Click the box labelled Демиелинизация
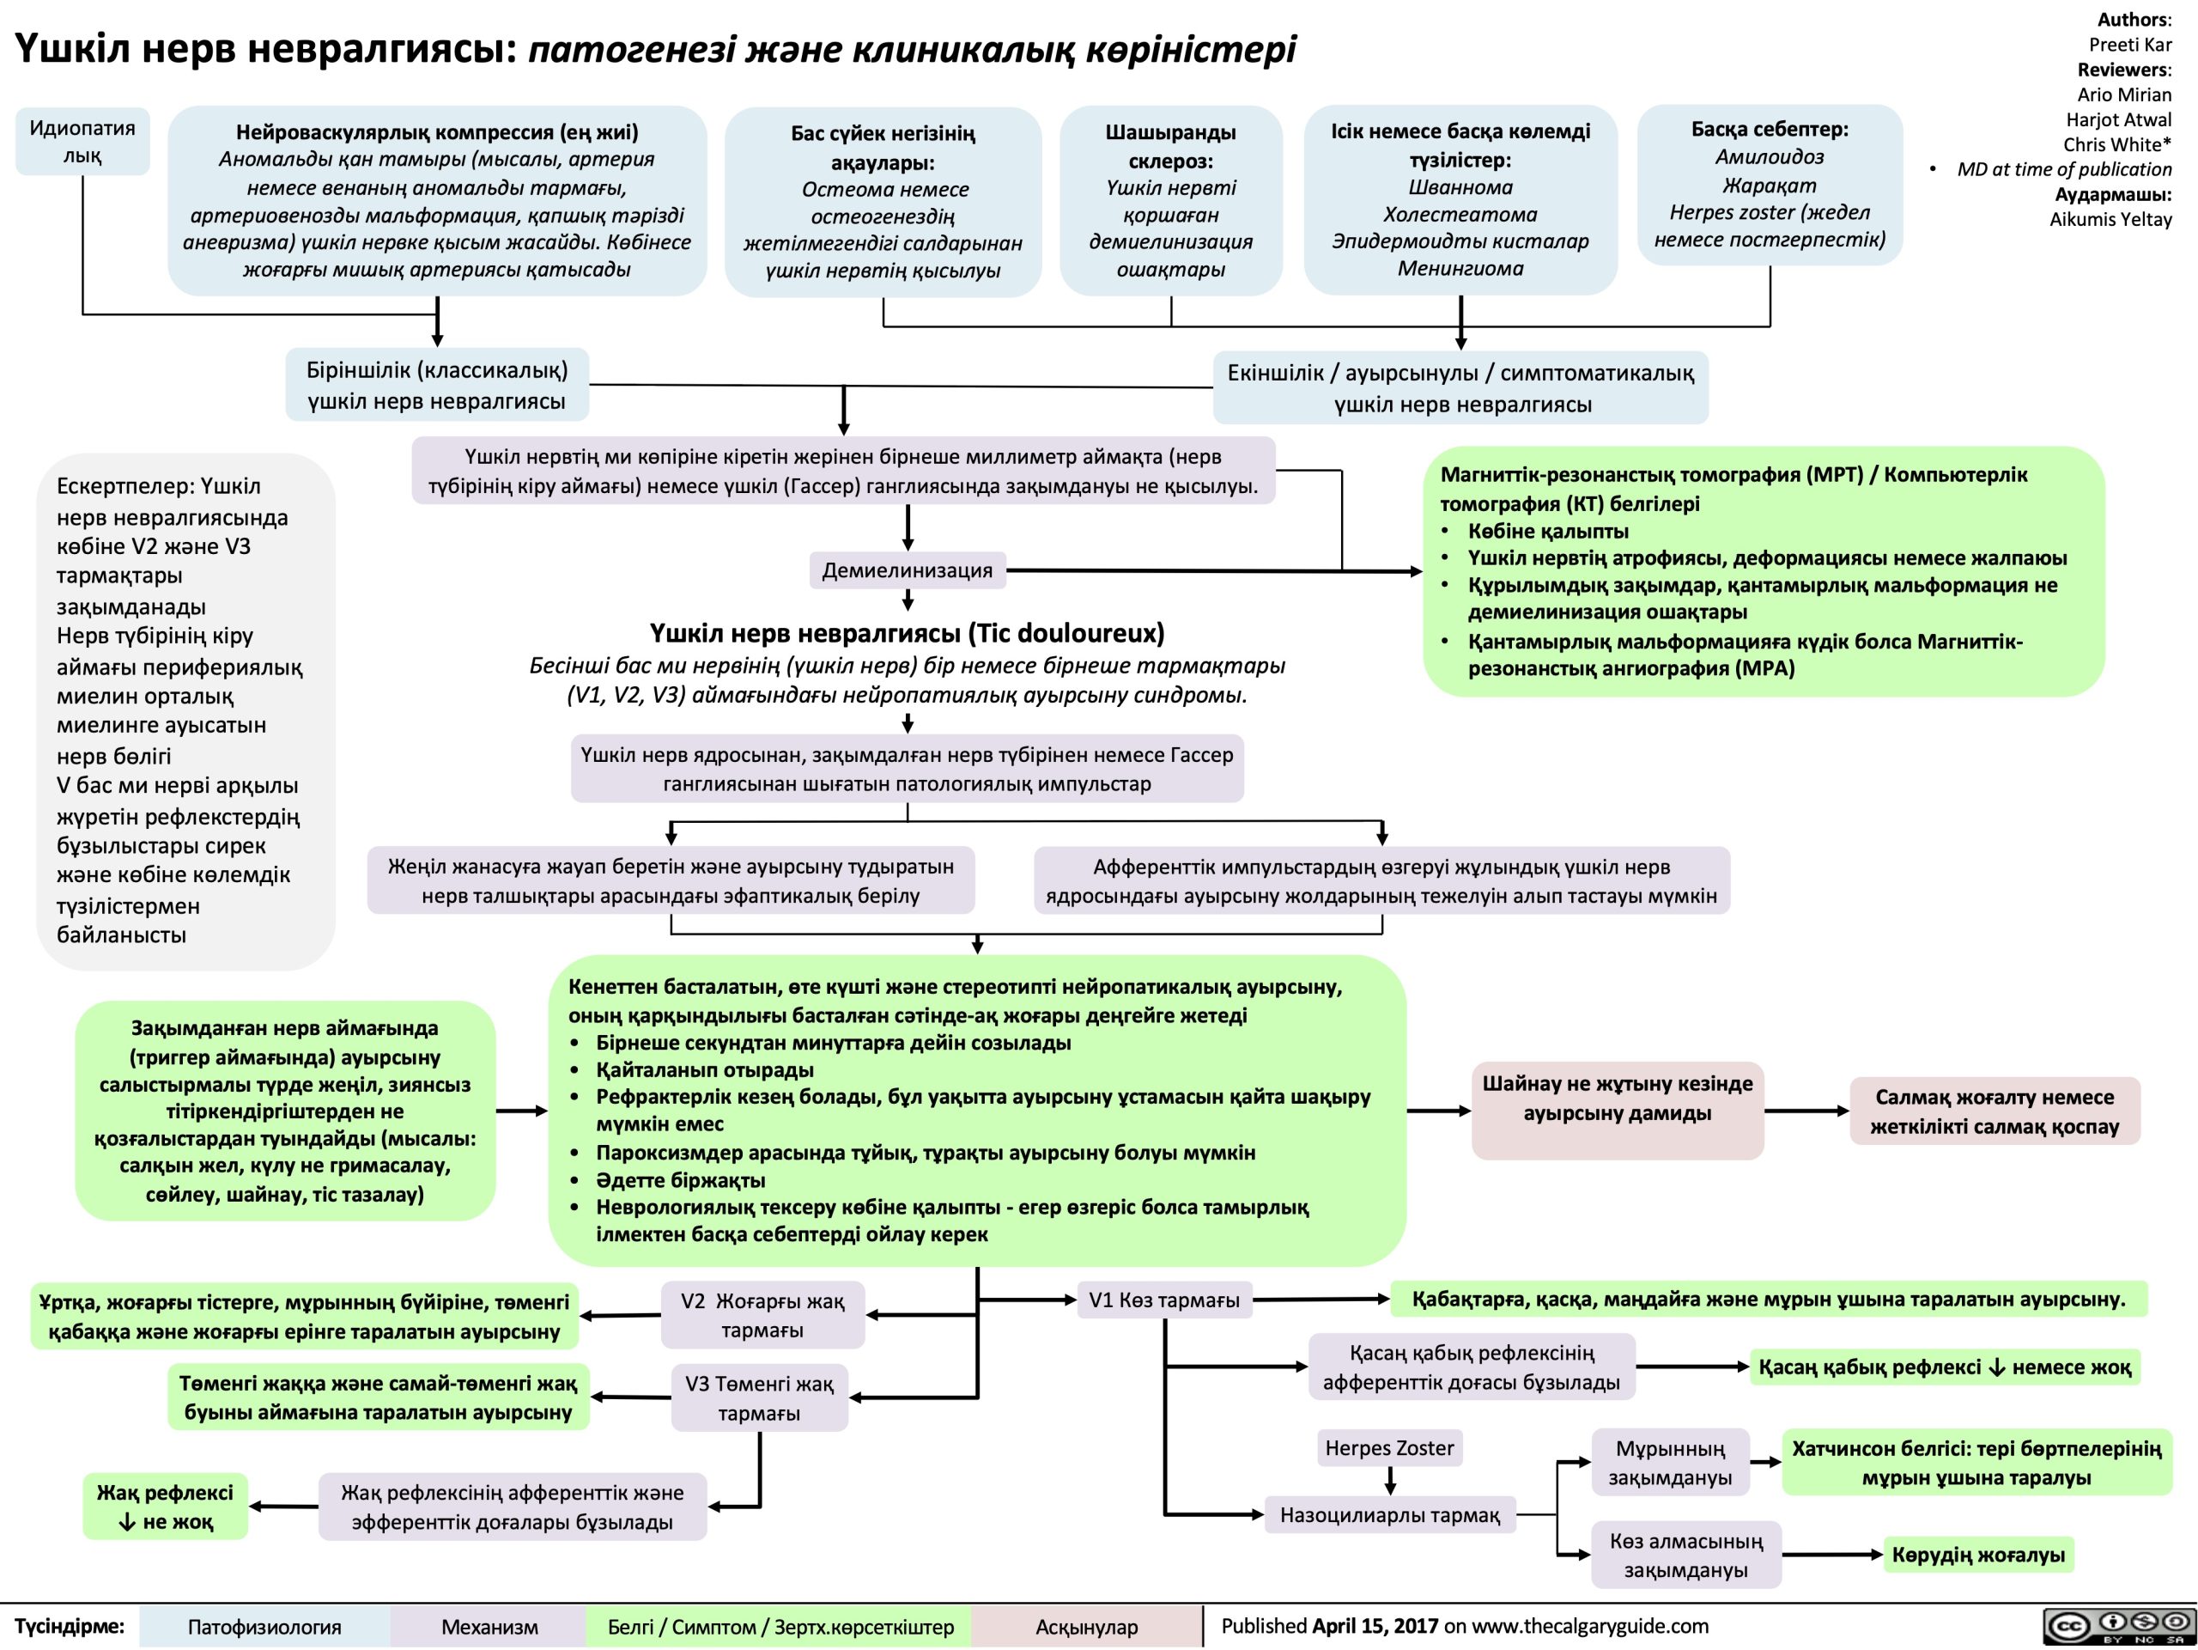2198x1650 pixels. tap(908, 570)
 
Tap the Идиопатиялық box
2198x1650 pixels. tap(82, 141)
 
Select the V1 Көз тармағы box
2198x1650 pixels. tap(1163, 1300)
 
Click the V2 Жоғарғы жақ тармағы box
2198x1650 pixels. tap(762, 1315)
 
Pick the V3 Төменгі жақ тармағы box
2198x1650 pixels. tap(759, 1397)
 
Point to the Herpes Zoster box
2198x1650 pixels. tap(1388, 1448)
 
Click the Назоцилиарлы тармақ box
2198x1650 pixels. tap(1389, 1515)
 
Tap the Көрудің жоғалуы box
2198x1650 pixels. tap(1977, 1555)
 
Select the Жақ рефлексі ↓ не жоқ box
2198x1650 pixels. tap(165, 1507)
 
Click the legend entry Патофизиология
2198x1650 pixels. tap(264, 1627)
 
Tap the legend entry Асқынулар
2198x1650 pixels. tap(1086, 1627)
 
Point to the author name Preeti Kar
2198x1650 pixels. tap(2129, 45)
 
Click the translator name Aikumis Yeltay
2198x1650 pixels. tap(2110, 219)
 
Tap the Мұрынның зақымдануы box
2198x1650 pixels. tap(1669, 1463)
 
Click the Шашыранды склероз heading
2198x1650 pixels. tap(1170, 146)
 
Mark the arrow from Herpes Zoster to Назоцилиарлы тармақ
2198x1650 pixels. tap(1390, 1480)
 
